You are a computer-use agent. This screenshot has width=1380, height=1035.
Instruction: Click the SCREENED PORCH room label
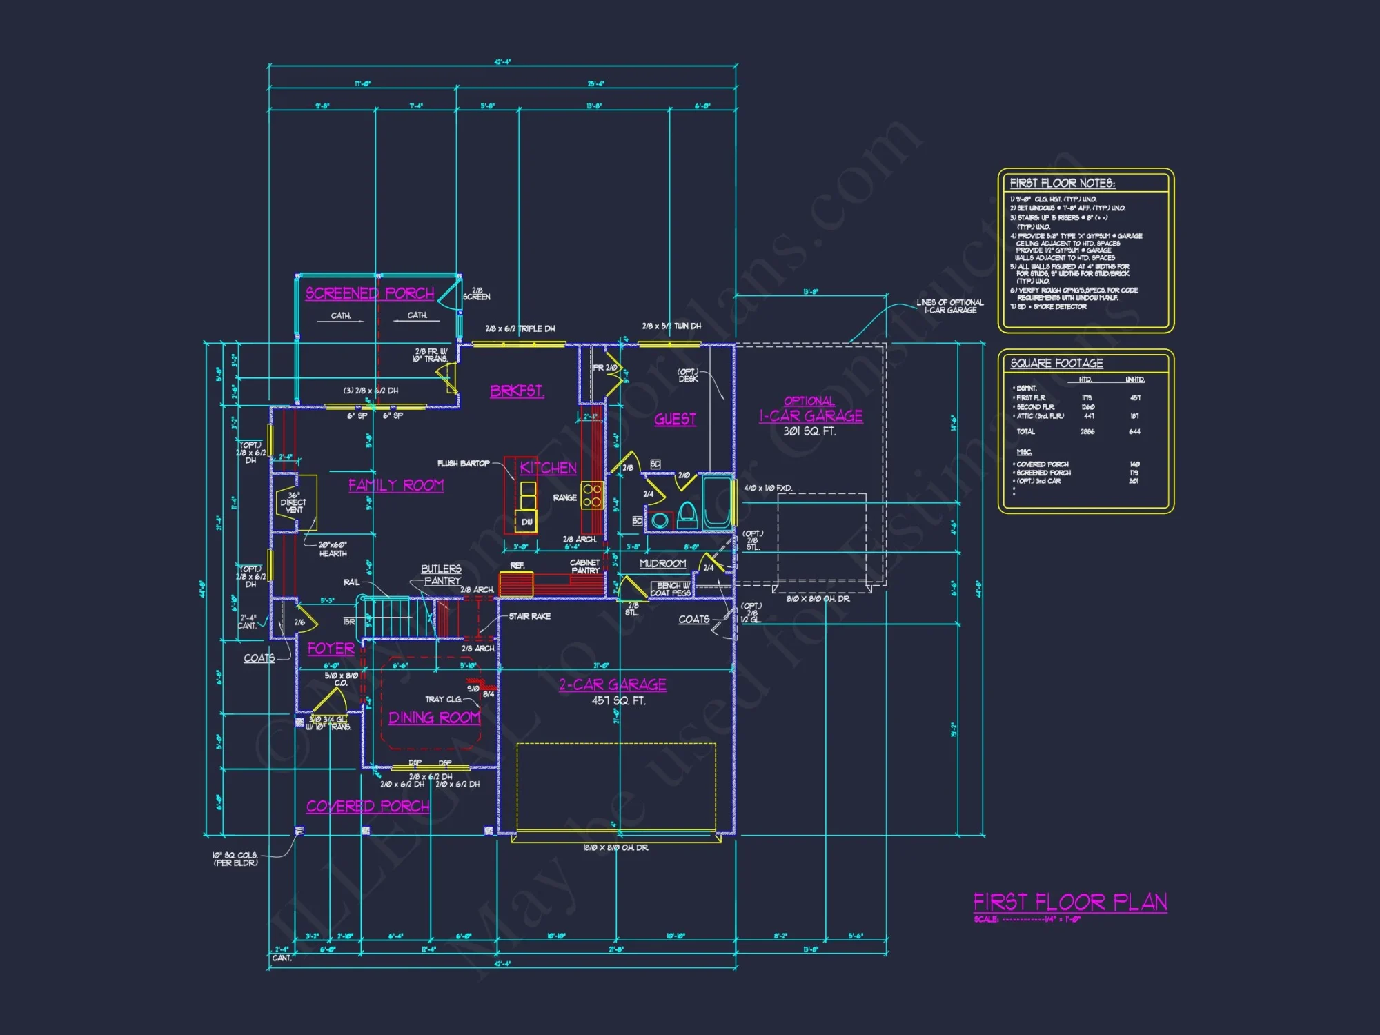(370, 293)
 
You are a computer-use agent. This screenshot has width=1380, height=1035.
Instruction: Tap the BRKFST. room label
(517, 391)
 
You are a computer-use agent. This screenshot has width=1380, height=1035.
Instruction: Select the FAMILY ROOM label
(396, 485)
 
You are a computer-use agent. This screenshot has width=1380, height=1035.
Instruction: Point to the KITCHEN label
(548, 468)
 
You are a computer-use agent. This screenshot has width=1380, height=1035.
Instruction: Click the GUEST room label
(675, 419)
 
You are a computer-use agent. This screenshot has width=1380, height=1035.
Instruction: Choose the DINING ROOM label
(434, 718)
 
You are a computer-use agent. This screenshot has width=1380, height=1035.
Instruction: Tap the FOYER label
(331, 649)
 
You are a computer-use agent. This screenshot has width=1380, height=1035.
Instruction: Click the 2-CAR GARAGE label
(613, 684)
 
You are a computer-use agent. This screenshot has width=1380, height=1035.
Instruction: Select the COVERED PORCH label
(368, 806)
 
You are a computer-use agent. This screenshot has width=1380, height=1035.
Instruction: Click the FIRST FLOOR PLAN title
(1070, 903)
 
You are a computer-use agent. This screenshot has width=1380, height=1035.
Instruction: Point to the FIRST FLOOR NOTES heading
(1062, 183)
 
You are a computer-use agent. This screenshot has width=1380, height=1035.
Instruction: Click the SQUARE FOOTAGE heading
(1056, 363)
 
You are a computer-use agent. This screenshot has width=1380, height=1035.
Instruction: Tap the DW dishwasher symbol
(527, 522)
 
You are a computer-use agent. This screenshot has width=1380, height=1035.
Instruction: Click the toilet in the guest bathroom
(687, 515)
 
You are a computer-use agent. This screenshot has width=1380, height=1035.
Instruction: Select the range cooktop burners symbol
(591, 495)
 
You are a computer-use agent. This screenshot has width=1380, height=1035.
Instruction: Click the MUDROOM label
(662, 564)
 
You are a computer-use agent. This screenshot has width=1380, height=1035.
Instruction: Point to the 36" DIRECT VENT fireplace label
(294, 502)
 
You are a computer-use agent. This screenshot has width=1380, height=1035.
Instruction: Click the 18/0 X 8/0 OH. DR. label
(615, 847)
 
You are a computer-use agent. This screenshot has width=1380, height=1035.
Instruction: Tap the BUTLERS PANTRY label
(442, 575)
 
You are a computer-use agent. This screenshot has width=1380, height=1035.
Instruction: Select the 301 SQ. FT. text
(809, 431)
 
